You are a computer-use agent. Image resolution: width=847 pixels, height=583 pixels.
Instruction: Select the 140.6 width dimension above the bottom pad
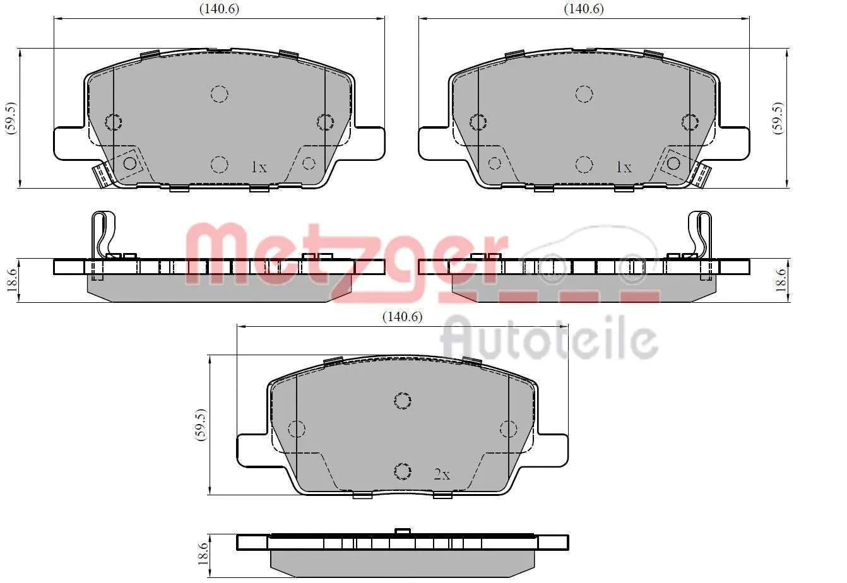coord(401,317)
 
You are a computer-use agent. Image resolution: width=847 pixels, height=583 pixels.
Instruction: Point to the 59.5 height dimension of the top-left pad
coord(10,117)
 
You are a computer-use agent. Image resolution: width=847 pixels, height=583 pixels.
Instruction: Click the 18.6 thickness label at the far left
coord(9,280)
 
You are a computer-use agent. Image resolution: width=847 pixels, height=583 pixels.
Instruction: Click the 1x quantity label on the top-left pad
coord(259,167)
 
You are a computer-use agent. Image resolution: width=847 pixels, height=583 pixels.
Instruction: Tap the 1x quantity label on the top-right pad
coord(624,167)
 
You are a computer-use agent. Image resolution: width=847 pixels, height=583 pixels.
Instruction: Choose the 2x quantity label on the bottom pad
coord(442,474)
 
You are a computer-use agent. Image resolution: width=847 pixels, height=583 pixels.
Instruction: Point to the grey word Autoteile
coord(549,341)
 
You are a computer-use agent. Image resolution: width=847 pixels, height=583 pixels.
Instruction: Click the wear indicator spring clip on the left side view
coord(103,237)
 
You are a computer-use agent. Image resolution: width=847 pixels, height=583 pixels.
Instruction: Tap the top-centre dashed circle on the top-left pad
coord(219,94)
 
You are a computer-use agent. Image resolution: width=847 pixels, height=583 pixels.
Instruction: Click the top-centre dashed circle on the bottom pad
coord(402,400)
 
